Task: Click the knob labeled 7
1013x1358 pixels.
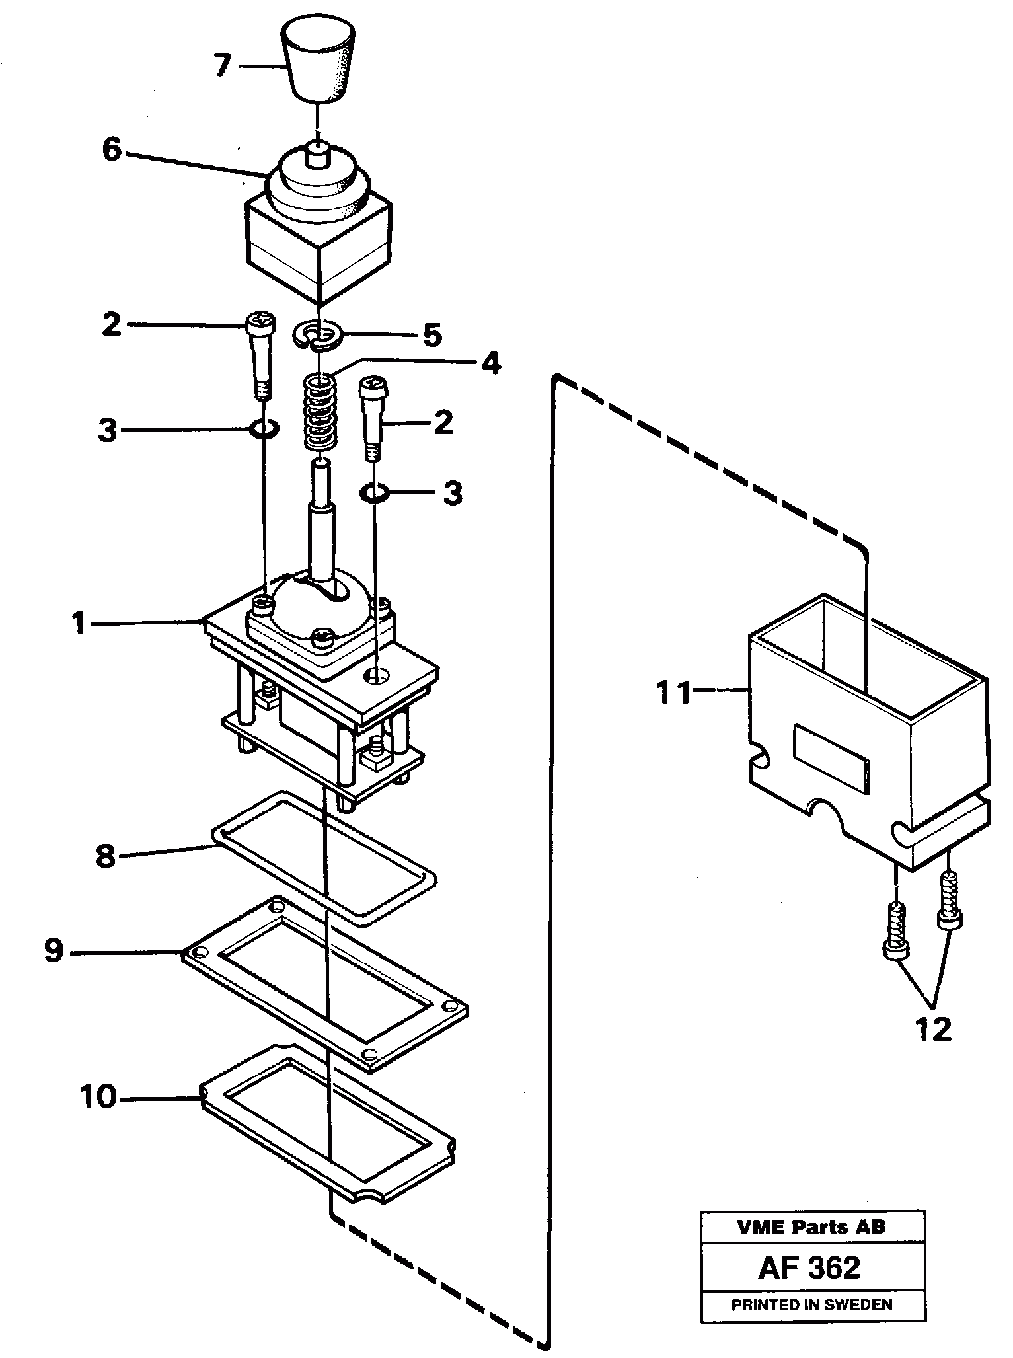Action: click(x=318, y=61)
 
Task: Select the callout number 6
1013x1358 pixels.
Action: click(x=112, y=150)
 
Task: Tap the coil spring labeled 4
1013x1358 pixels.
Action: click(x=319, y=411)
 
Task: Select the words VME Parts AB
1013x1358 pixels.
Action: click(x=812, y=1227)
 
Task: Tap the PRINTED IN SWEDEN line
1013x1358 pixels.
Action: click(x=812, y=1304)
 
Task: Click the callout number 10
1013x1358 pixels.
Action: click(x=98, y=1098)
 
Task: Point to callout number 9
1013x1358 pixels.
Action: click(x=54, y=952)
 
